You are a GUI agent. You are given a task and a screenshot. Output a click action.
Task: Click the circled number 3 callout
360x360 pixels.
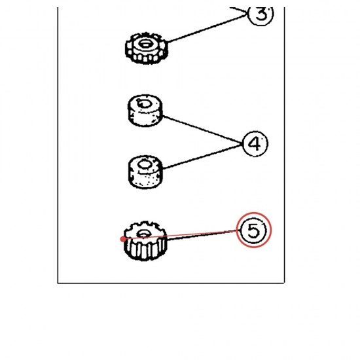click(261, 14)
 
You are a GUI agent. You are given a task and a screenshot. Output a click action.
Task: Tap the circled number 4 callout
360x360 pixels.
click(255, 144)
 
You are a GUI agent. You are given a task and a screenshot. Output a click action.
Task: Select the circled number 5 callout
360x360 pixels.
click(254, 230)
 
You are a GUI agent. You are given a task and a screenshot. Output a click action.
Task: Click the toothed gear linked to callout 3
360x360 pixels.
click(147, 48)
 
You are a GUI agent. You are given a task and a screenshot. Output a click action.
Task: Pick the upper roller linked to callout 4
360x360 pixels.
click(145, 111)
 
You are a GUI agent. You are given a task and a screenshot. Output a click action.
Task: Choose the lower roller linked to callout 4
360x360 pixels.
click(145, 172)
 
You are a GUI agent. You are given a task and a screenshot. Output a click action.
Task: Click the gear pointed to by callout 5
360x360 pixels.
click(145, 241)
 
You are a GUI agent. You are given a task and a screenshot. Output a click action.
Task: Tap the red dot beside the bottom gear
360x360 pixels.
click(123, 239)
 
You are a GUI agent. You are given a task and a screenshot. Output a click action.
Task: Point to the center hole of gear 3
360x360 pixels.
click(145, 44)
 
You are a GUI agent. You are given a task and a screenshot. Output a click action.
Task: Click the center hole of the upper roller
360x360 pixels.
click(144, 103)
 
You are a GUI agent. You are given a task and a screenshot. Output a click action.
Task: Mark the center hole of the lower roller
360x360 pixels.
click(144, 164)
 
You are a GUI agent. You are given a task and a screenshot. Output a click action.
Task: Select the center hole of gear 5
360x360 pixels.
click(143, 234)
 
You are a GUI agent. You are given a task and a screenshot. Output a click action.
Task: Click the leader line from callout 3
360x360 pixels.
click(207, 28)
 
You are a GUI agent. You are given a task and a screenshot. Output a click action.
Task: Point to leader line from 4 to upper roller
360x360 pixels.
click(202, 130)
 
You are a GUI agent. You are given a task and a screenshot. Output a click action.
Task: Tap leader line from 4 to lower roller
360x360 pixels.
click(202, 156)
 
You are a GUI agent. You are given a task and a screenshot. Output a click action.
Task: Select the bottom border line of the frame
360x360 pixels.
click(171, 283)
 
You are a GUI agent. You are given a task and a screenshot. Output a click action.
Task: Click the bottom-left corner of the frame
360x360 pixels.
click(58, 283)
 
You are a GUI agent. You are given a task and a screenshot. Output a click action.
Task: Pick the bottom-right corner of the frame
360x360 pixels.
click(285, 283)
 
